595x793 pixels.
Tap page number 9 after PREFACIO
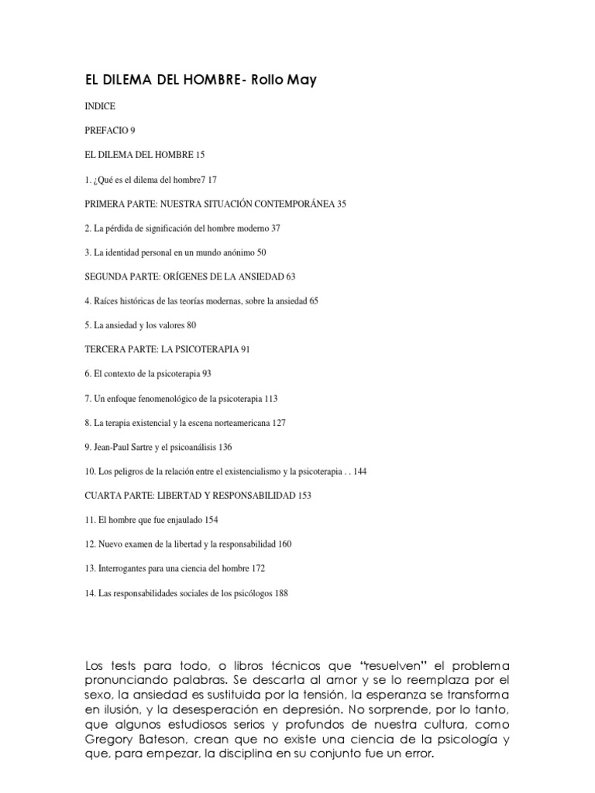click(x=132, y=130)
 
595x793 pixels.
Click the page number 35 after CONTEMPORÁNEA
click(x=342, y=204)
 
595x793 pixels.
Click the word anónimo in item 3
click(x=237, y=252)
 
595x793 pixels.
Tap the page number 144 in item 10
click(x=359, y=471)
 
